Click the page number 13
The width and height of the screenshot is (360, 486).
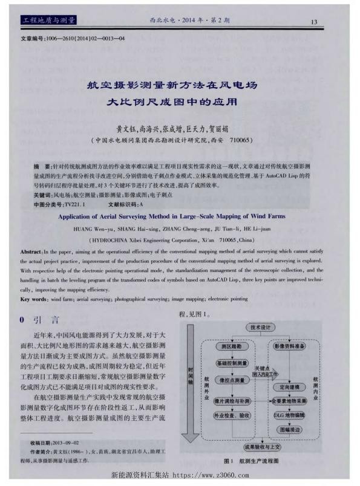[x=315, y=22]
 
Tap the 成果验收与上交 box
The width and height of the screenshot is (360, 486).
[x=262, y=447]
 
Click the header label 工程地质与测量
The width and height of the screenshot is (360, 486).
[x=48, y=21]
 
